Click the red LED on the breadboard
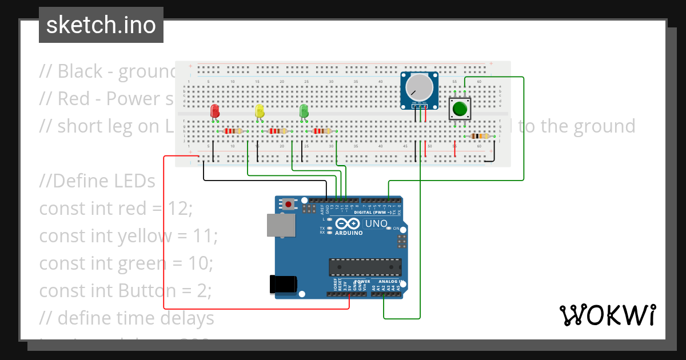pyautogui.click(x=215, y=111)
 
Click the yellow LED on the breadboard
pyautogui.click(x=260, y=111)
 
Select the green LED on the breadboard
pyautogui.click(x=304, y=111)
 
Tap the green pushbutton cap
pyautogui.click(x=460, y=109)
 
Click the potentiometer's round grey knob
pyautogui.click(x=420, y=87)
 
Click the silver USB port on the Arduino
pyautogui.click(x=281, y=225)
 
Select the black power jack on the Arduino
pyautogui.click(x=284, y=284)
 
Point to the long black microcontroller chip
pyautogui.click(x=365, y=267)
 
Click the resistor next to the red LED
pyautogui.click(x=233, y=131)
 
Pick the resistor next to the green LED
pyautogui.click(x=322, y=131)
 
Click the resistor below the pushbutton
pyautogui.click(x=479, y=136)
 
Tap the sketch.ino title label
pyautogui.click(x=101, y=25)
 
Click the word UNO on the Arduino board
pyautogui.click(x=376, y=223)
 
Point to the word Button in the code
pyautogui.click(x=148, y=291)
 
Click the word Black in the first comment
pyautogui.click(x=80, y=71)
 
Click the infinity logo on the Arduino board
pyautogui.click(x=348, y=223)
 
